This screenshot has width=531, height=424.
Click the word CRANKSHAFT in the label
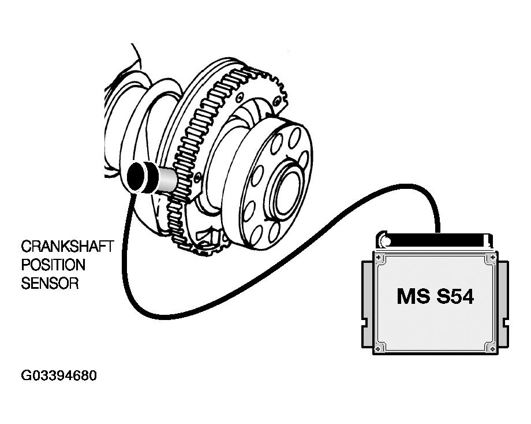pyautogui.click(x=67, y=247)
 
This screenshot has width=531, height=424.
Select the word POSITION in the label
pyautogui.click(x=53, y=265)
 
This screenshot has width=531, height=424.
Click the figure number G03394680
pyautogui.click(x=59, y=376)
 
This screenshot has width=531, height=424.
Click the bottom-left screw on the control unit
pyautogui.click(x=378, y=348)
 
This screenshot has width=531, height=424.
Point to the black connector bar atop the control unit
pyautogui.click(x=439, y=237)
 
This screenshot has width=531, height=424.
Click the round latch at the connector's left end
pyautogui.click(x=382, y=237)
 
